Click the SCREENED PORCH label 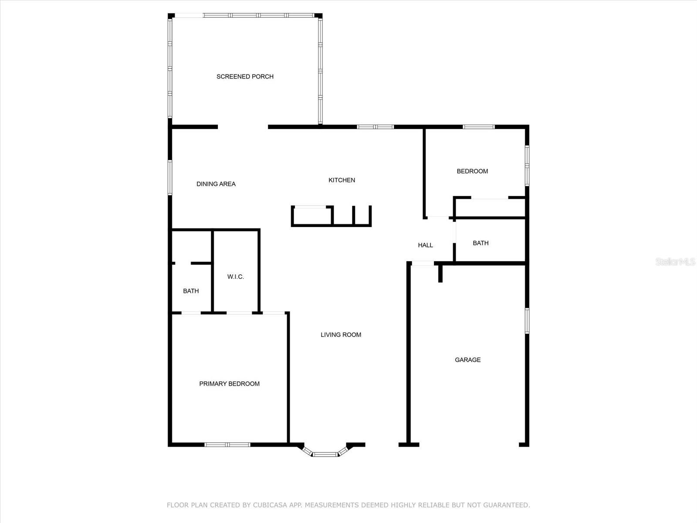pos(245,77)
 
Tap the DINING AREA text pos(216,184)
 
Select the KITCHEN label pos(342,180)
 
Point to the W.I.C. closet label pos(235,277)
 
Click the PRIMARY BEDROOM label pos(229,384)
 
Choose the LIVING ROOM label pos(341,335)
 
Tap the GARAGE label pos(467,360)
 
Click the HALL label pos(425,245)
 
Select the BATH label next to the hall pos(480,243)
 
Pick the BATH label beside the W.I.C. pos(191,291)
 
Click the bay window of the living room pos(325,454)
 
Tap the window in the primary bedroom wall pos(227,445)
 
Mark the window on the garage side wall pos(527,321)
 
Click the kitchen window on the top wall pos(375,127)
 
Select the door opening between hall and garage pos(423,263)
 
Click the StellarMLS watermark pos(675,261)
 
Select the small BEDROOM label pos(472,171)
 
